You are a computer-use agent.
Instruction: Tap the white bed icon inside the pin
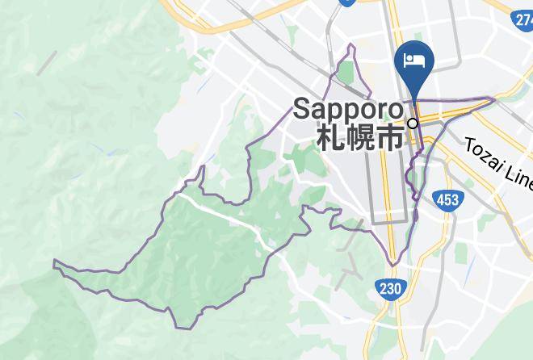coord(414,59)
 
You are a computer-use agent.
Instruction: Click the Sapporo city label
coord(348,109)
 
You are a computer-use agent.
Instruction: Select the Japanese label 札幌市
coord(359,137)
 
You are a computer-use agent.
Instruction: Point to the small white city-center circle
coord(413,123)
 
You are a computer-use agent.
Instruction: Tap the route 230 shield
coord(389,287)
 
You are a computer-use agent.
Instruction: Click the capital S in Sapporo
coord(302,109)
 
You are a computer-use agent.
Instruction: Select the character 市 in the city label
coord(390,137)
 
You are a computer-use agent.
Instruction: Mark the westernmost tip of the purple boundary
coord(54,262)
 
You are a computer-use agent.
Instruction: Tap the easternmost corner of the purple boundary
coord(493,99)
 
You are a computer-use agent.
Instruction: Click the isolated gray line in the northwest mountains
coord(47,61)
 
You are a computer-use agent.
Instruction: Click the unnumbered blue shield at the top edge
coord(347,2)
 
